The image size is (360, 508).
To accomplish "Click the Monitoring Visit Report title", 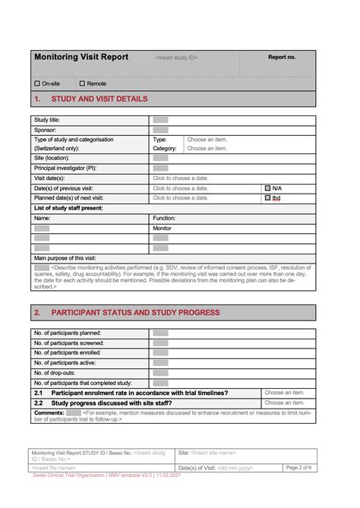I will click(x=81, y=57).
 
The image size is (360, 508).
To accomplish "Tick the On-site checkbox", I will click(x=37, y=84).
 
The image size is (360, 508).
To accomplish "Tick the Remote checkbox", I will click(x=82, y=84).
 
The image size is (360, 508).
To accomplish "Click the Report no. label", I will click(x=282, y=57).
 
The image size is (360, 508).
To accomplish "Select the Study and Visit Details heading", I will click(x=99, y=99).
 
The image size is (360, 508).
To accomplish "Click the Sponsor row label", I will click(x=46, y=130).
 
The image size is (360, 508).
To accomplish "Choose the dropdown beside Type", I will click(x=207, y=140).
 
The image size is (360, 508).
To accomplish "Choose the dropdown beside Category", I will click(x=207, y=149).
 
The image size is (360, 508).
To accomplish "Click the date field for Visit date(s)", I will click(x=180, y=178).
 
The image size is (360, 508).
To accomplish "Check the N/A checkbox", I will click(x=268, y=188).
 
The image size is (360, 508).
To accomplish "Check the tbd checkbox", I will click(x=268, y=197).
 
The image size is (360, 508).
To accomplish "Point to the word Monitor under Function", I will click(x=163, y=228).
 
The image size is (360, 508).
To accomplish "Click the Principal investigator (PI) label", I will click(x=65, y=168).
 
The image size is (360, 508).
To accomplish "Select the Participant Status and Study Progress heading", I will click(x=135, y=312).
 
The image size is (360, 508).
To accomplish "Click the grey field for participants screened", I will click(x=160, y=343).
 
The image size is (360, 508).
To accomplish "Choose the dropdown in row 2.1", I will click(x=284, y=393).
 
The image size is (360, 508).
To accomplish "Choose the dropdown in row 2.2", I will click(x=284, y=402).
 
